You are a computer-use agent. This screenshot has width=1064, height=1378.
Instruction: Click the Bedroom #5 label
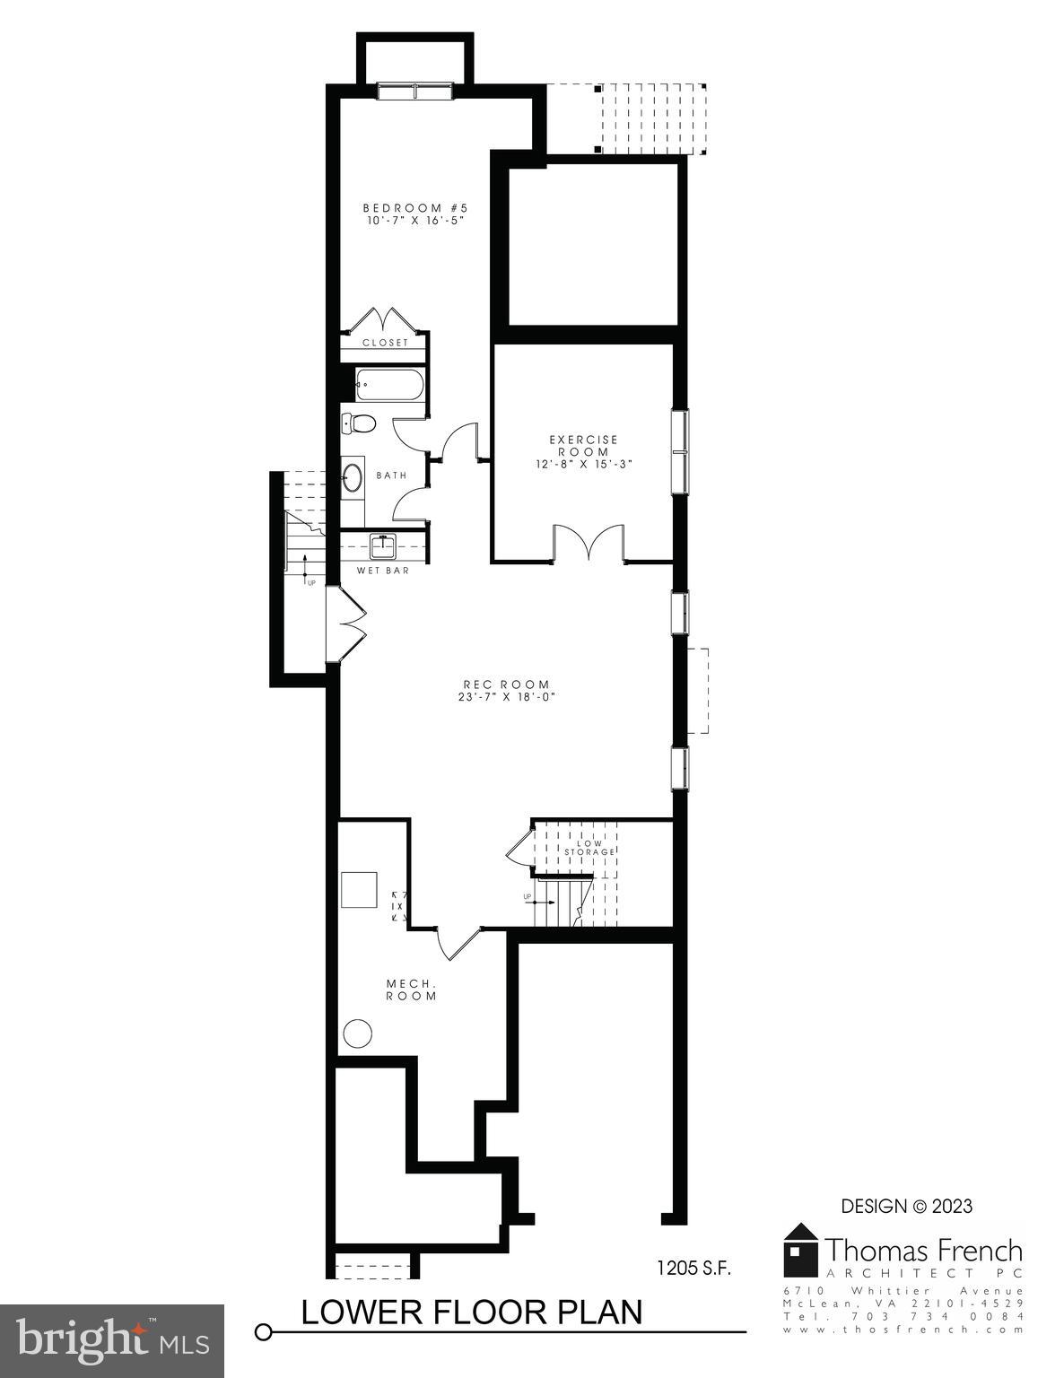point(415,208)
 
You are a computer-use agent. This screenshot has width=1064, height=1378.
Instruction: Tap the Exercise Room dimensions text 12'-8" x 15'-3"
point(583,464)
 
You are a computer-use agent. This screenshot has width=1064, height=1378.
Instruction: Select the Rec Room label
point(506,685)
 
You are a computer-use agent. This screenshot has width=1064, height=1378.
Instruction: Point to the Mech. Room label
point(412,990)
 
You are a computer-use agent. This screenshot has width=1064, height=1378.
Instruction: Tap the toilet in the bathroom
point(359,423)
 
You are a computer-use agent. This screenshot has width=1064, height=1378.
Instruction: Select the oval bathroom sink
point(353,476)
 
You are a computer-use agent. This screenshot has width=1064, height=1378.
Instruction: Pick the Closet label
point(385,343)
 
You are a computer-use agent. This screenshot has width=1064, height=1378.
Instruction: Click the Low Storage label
point(589,848)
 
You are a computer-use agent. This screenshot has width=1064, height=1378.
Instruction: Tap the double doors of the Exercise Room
point(588,544)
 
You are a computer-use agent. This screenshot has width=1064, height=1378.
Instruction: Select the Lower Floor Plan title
point(471,1311)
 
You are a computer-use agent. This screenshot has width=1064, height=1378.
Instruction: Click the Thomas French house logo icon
point(800,1250)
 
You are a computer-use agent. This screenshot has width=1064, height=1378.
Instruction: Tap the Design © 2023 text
point(906,1207)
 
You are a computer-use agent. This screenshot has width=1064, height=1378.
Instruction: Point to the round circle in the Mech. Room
point(359,1033)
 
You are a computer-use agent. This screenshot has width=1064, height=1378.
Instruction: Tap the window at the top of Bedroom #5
point(414,91)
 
